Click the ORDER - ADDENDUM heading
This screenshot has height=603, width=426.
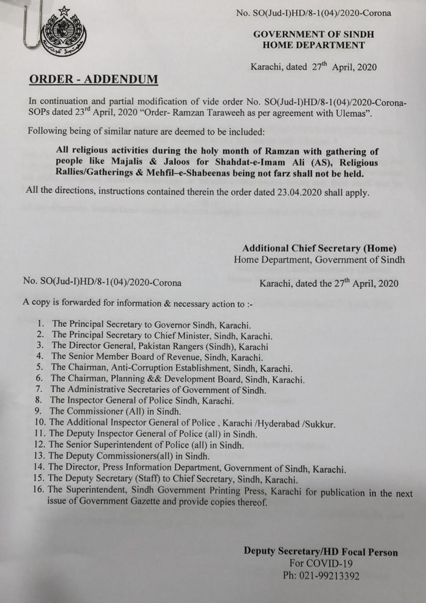93,79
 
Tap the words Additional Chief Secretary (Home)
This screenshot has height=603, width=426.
319,248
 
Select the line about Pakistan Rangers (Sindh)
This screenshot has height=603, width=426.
160,346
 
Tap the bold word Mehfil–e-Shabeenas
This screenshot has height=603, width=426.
195,174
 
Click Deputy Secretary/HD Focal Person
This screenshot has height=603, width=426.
321,552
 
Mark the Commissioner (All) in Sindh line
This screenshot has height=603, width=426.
115,411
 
